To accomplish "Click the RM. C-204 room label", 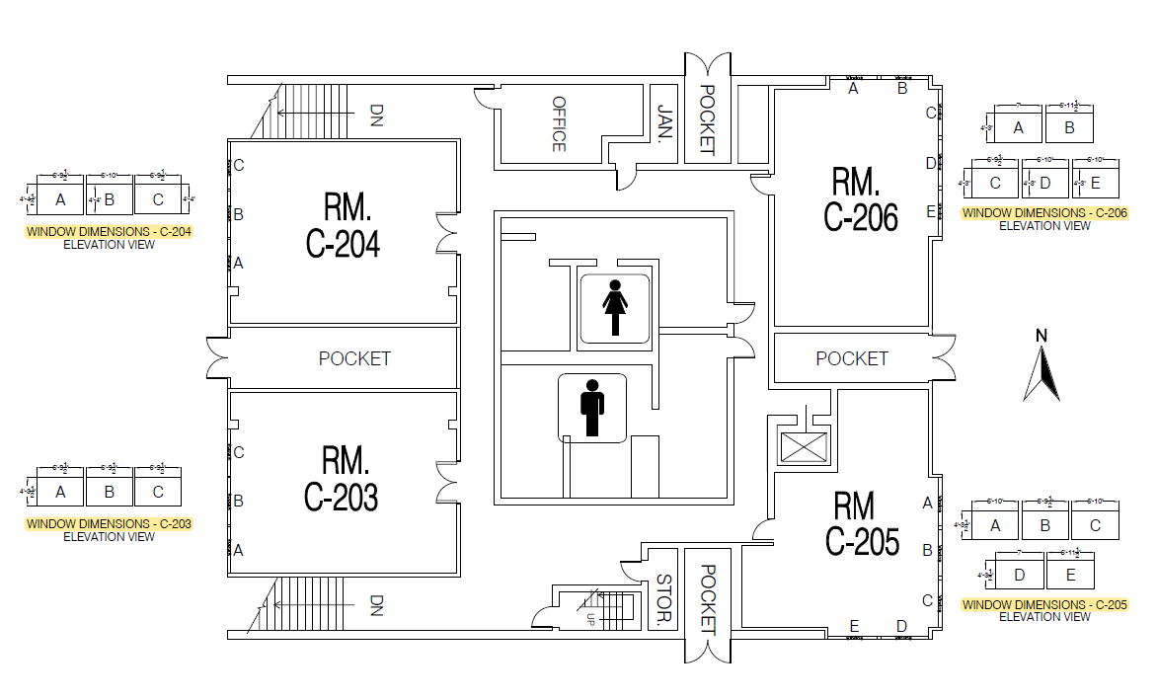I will (343, 226).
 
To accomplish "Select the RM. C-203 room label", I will (342, 479).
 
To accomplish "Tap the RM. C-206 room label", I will (860, 199).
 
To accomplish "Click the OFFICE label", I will (559, 123).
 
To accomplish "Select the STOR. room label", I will (664, 600).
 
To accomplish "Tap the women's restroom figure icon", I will (616, 308).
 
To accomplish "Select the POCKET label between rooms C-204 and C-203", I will (354, 358).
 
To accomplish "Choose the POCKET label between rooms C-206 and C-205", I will (852, 358).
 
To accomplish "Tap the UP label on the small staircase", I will (591, 619).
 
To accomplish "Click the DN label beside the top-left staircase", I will (376, 116).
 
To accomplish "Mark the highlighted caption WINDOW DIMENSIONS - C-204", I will (109, 233).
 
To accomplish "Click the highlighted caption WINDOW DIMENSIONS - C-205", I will (1044, 604).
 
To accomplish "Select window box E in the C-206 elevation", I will (1095, 183).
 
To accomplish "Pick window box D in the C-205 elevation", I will (1020, 574).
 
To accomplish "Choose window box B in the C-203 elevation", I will (109, 491).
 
